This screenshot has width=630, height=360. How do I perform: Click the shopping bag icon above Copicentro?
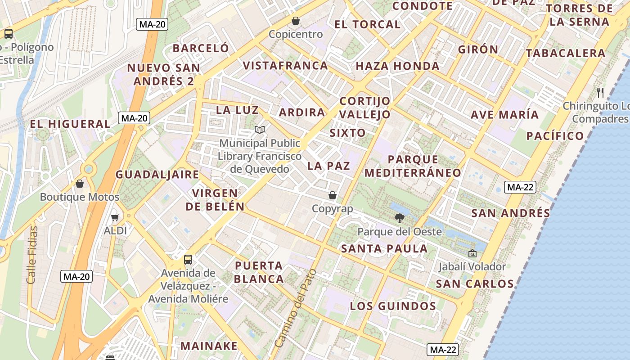pyautogui.click(x=296, y=21)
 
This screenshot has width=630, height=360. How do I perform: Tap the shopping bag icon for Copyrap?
pyautogui.click(x=333, y=195)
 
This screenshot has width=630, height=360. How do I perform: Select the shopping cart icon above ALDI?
pyautogui.click(x=115, y=217)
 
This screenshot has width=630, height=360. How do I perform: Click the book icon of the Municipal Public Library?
pyautogui.click(x=259, y=130)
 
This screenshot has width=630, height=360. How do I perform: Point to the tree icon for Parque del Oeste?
pyautogui.click(x=399, y=219)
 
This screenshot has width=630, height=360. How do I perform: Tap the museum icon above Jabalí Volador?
pyautogui.click(x=472, y=253)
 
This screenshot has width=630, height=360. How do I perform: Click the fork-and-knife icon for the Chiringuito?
pyautogui.click(x=600, y=93)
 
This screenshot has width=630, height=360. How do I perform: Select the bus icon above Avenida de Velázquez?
pyautogui.click(x=188, y=260)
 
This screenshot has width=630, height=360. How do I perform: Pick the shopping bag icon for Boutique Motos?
pyautogui.click(x=80, y=184)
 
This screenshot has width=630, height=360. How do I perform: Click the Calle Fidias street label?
pyautogui.click(x=31, y=255)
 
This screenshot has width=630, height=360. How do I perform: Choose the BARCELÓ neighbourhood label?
pyautogui.click(x=201, y=48)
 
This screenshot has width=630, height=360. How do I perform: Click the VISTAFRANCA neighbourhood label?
pyautogui.click(x=285, y=66)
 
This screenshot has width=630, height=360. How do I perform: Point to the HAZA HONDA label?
pyautogui.click(x=397, y=66)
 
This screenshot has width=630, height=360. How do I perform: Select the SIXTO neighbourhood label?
pyautogui.click(x=347, y=133)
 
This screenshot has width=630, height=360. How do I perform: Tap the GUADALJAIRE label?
pyautogui.click(x=157, y=175)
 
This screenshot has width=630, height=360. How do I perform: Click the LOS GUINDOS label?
pyautogui.click(x=393, y=306)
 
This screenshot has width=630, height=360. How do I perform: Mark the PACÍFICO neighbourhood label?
pyautogui.click(x=555, y=136)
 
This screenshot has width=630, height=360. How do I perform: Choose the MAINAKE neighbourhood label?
pyautogui.click(x=209, y=346)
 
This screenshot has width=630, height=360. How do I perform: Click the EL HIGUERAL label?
pyautogui.click(x=70, y=124)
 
